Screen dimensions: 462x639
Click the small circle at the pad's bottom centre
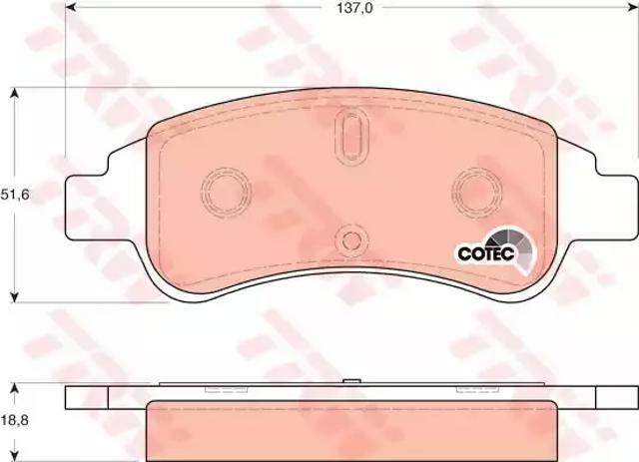click(x=348, y=240)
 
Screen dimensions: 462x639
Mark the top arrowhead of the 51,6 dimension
click(x=15, y=93)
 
